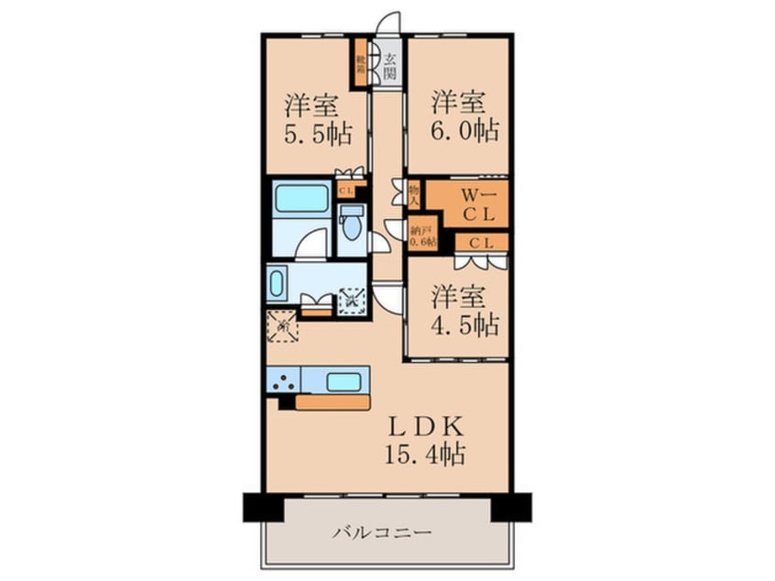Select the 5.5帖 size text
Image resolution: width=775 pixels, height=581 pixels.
(317, 134)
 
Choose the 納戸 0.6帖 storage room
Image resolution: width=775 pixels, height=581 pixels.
(422, 236)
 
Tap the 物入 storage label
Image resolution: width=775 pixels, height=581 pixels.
(413, 193)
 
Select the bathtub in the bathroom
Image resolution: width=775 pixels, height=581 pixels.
(301, 198)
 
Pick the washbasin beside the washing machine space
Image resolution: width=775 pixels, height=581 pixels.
(276, 284)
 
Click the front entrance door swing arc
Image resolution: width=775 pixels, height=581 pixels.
(391, 22)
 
